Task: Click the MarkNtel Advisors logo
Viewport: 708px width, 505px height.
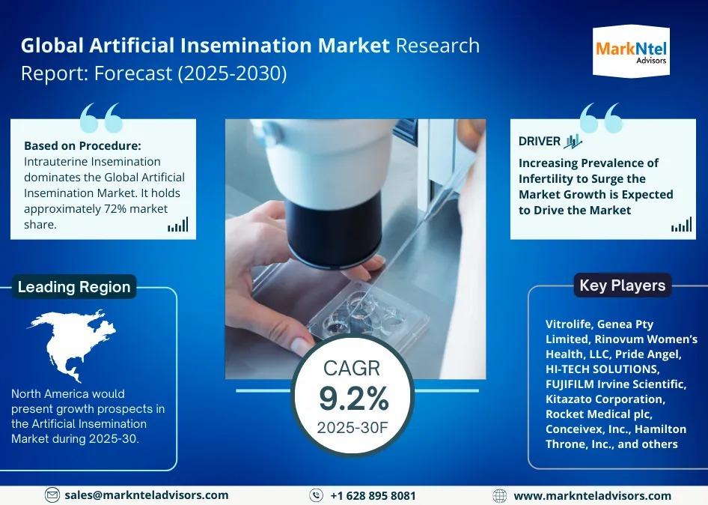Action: (x=631, y=52)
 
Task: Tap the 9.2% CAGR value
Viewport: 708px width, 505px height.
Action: (x=353, y=399)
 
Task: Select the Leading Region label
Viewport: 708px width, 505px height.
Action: (x=74, y=287)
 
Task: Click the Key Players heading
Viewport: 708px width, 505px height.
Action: (x=622, y=285)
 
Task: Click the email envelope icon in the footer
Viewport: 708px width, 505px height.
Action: (x=52, y=495)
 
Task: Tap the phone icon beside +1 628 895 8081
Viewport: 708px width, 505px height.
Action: (x=316, y=495)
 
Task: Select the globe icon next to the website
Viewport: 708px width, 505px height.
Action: (x=499, y=495)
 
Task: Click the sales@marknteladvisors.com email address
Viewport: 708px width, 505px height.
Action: (x=146, y=495)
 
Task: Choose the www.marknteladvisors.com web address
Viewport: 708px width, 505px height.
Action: (x=593, y=495)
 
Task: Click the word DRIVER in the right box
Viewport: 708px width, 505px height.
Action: (x=539, y=141)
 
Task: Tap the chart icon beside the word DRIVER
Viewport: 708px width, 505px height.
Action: (x=573, y=142)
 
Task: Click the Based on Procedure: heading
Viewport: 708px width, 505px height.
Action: (x=82, y=145)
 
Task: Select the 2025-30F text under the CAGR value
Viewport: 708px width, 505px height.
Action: (x=353, y=427)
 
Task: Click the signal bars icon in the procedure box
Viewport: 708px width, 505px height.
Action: (x=178, y=225)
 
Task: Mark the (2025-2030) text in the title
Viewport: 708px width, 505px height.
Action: (x=232, y=73)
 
